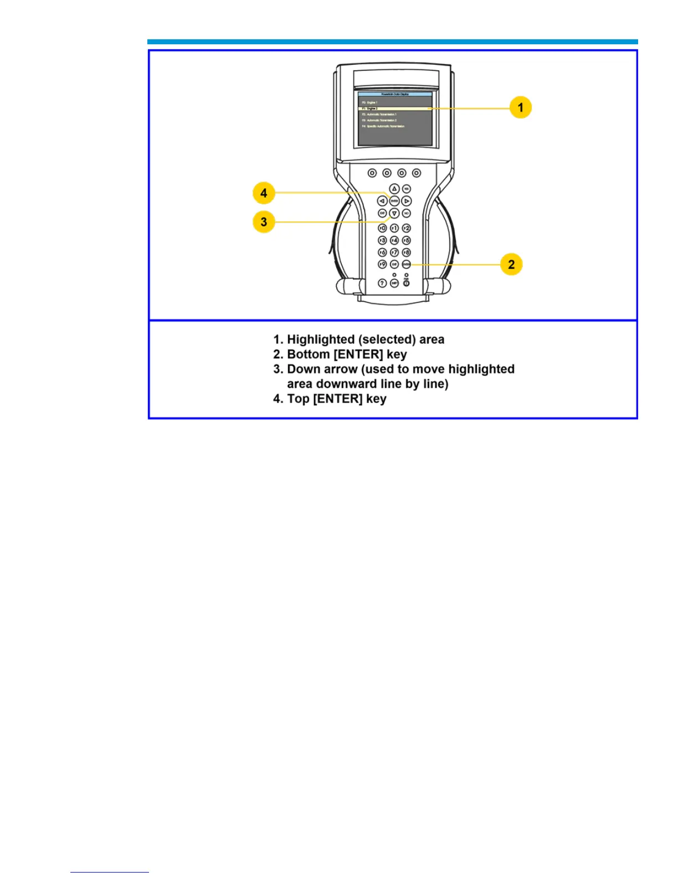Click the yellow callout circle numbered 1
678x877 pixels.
coord(520,107)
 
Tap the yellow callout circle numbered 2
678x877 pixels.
coord(511,264)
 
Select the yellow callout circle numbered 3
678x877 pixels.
coord(264,222)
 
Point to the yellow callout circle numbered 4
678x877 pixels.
coord(264,193)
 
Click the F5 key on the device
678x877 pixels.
coord(406,240)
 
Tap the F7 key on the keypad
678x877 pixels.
coord(394,252)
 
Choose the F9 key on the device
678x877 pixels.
coord(382,265)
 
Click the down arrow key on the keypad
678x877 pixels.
coord(394,213)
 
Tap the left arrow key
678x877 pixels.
coord(382,201)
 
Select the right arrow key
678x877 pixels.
coord(407,201)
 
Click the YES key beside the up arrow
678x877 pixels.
coord(406,189)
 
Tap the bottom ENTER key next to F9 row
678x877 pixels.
coord(406,265)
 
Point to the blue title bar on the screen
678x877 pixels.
coord(394,95)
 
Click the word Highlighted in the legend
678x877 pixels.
coord(321,339)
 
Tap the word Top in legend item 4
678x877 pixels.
coord(298,399)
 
